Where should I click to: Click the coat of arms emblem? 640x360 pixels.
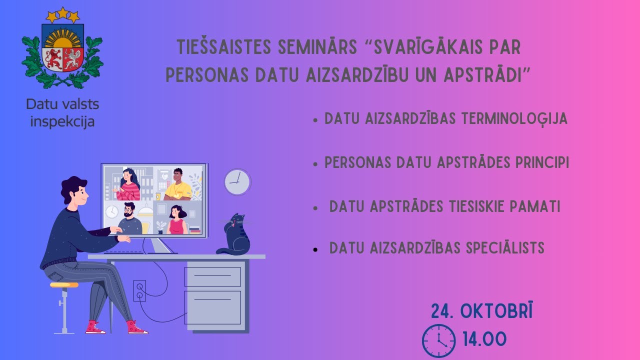(62, 50)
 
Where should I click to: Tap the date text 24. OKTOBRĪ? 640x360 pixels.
(481, 311)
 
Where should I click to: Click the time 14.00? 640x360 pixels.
(484, 339)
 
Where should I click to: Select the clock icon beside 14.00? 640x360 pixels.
(438, 340)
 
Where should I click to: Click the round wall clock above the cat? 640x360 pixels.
(237, 181)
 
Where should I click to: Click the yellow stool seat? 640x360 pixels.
(64, 285)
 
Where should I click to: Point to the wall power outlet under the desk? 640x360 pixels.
(139, 290)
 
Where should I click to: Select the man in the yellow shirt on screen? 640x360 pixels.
(177, 185)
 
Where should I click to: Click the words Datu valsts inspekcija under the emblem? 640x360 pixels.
(62, 113)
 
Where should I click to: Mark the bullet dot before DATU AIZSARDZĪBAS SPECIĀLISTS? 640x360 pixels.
(315, 249)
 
